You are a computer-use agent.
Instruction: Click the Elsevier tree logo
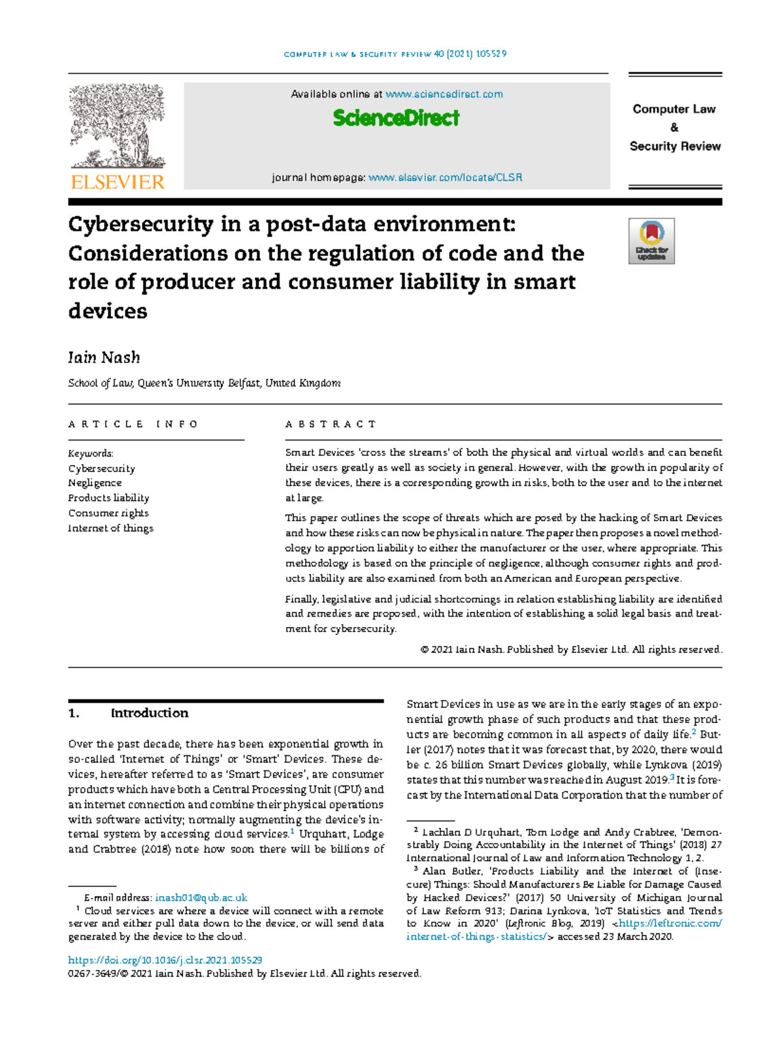(118, 125)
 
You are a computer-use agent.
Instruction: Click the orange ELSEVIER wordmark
(118, 182)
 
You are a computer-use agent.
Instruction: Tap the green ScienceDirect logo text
(396, 118)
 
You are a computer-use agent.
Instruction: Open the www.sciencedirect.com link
(444, 94)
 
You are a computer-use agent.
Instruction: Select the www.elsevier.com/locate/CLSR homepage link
(445, 178)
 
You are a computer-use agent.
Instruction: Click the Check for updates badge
(651, 241)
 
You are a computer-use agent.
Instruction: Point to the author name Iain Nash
(104, 357)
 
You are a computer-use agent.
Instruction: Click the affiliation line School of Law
(204, 383)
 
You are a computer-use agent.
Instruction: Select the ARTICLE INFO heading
(133, 425)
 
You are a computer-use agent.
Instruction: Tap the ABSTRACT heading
(331, 425)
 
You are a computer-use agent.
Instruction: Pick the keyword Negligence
(95, 483)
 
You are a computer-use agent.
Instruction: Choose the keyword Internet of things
(110, 528)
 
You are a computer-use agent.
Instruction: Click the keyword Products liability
(108, 498)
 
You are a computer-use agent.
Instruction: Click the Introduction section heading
(149, 713)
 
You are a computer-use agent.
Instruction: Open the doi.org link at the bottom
(165, 960)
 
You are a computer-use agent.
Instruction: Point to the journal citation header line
(395, 54)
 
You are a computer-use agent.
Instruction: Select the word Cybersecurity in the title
(140, 224)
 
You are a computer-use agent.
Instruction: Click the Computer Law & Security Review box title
(674, 127)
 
